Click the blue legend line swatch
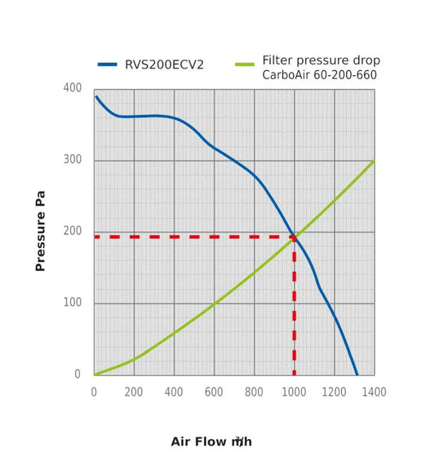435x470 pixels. point(109,64)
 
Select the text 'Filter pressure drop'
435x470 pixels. point(321,60)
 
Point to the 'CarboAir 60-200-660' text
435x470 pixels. point(321,75)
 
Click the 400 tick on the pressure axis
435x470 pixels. point(72,88)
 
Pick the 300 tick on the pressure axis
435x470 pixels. point(72,160)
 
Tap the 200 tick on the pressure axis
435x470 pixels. point(72,232)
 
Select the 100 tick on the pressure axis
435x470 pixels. point(72,304)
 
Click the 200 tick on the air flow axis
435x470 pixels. point(135,392)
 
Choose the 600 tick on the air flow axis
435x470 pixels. point(214,392)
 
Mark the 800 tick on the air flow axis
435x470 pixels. point(254,392)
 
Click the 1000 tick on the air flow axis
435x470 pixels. point(294,392)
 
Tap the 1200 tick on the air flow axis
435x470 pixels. point(334,392)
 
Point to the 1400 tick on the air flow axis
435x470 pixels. point(374,392)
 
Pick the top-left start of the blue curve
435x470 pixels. point(96,97)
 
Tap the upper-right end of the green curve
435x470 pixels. point(373,161)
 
